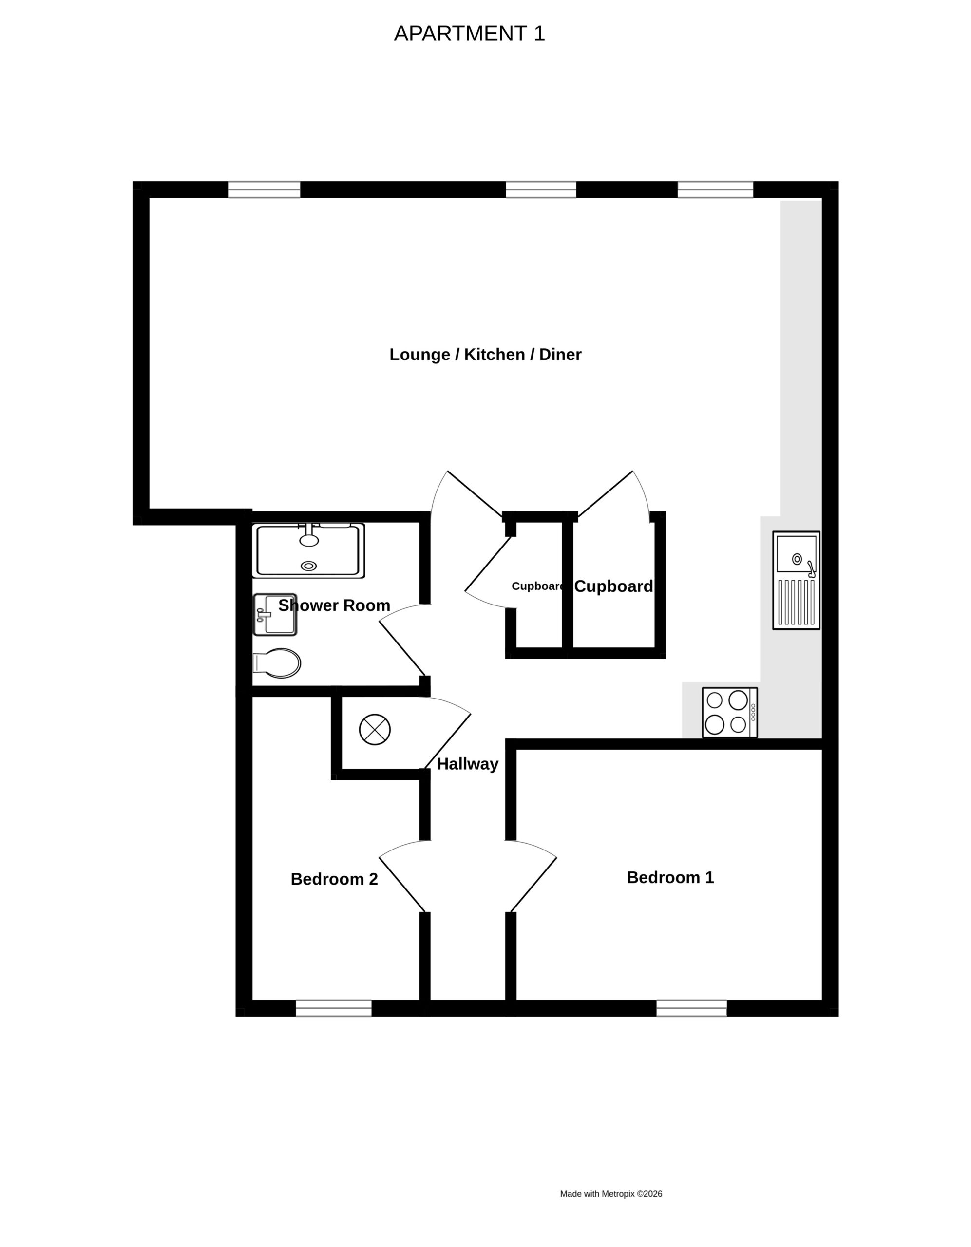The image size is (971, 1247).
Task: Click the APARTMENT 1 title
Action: [x=470, y=34]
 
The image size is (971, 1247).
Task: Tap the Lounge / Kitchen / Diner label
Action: [x=485, y=355]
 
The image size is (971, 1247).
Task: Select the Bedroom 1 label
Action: [x=670, y=877]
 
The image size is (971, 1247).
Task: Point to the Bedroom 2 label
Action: [x=334, y=879]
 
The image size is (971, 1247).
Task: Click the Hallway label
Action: [x=468, y=764]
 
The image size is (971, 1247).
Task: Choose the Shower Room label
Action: [x=334, y=605]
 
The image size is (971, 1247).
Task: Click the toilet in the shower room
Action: [x=277, y=663]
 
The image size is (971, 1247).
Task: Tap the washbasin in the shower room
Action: [x=275, y=614]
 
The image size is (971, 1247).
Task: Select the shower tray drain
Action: [x=309, y=566]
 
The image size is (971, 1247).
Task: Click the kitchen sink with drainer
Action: [x=796, y=581]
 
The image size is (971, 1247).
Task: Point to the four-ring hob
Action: [x=730, y=713]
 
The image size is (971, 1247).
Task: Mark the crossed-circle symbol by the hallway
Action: [x=375, y=730]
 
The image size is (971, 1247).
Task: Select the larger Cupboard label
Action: [x=613, y=586]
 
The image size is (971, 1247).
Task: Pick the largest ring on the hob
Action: [x=738, y=699]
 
